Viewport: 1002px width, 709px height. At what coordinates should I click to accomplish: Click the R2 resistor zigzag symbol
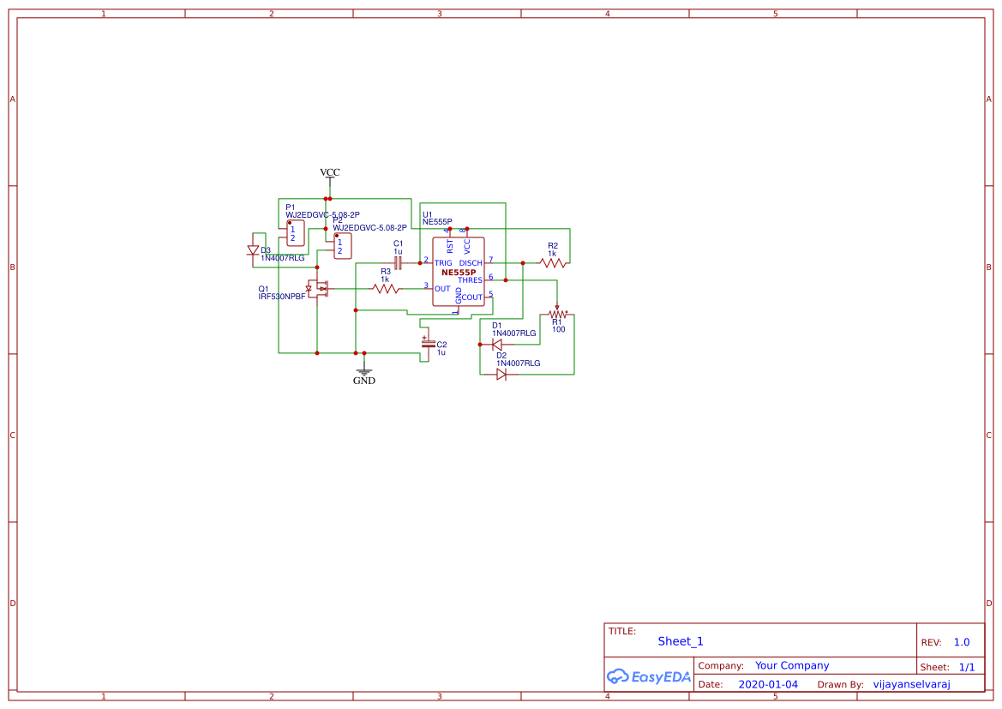pos(553,263)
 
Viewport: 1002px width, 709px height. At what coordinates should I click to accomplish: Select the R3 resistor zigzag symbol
pos(386,289)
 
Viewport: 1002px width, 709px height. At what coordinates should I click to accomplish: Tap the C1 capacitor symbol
pos(398,262)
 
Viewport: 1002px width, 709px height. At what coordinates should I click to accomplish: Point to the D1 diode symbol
pos(497,345)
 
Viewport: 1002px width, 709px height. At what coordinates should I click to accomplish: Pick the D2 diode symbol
pos(501,375)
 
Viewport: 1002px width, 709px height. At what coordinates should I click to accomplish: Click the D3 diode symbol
pos(253,250)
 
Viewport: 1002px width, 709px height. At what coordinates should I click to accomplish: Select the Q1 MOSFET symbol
pos(319,288)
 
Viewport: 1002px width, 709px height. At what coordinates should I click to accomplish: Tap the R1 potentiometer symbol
pos(557,315)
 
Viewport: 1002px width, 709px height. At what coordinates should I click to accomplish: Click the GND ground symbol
pos(364,372)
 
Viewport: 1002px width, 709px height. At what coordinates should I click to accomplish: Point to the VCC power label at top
pos(330,172)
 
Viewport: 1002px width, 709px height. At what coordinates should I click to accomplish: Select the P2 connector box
pos(343,246)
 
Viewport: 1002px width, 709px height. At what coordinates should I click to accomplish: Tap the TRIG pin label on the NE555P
pos(443,263)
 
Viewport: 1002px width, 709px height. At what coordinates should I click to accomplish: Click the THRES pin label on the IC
pos(470,280)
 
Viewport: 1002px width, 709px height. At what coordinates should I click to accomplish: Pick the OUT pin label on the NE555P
pos(442,289)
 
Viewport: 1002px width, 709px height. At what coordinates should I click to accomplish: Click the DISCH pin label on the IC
pos(471,263)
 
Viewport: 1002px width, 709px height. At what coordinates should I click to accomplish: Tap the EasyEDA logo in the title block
pos(649,676)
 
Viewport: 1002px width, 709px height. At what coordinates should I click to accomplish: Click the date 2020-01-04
pos(768,684)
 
